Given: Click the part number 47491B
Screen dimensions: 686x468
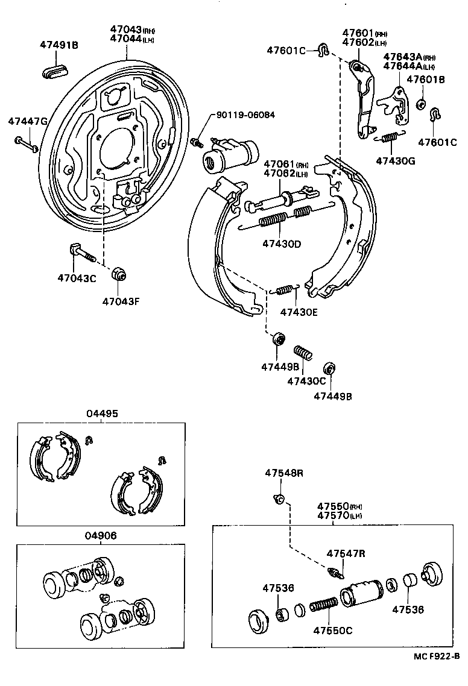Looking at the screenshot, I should pyautogui.click(x=59, y=45).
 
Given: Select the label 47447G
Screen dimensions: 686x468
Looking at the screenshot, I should pyautogui.click(x=27, y=121).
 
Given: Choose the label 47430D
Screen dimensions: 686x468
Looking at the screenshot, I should pyautogui.click(x=282, y=244).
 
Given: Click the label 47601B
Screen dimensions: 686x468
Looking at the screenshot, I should pyautogui.click(x=425, y=80).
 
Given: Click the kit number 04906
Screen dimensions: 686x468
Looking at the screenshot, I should pyautogui.click(x=101, y=535).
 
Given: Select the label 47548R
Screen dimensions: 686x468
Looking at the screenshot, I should pyautogui.click(x=283, y=473).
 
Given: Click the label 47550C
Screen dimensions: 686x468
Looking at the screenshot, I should pyautogui.click(x=332, y=631).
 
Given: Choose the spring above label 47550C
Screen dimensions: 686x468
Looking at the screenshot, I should pyautogui.click(x=325, y=603).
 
